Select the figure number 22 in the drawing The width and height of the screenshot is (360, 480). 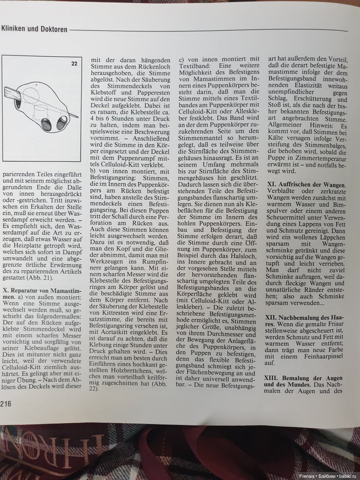click(74, 64)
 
